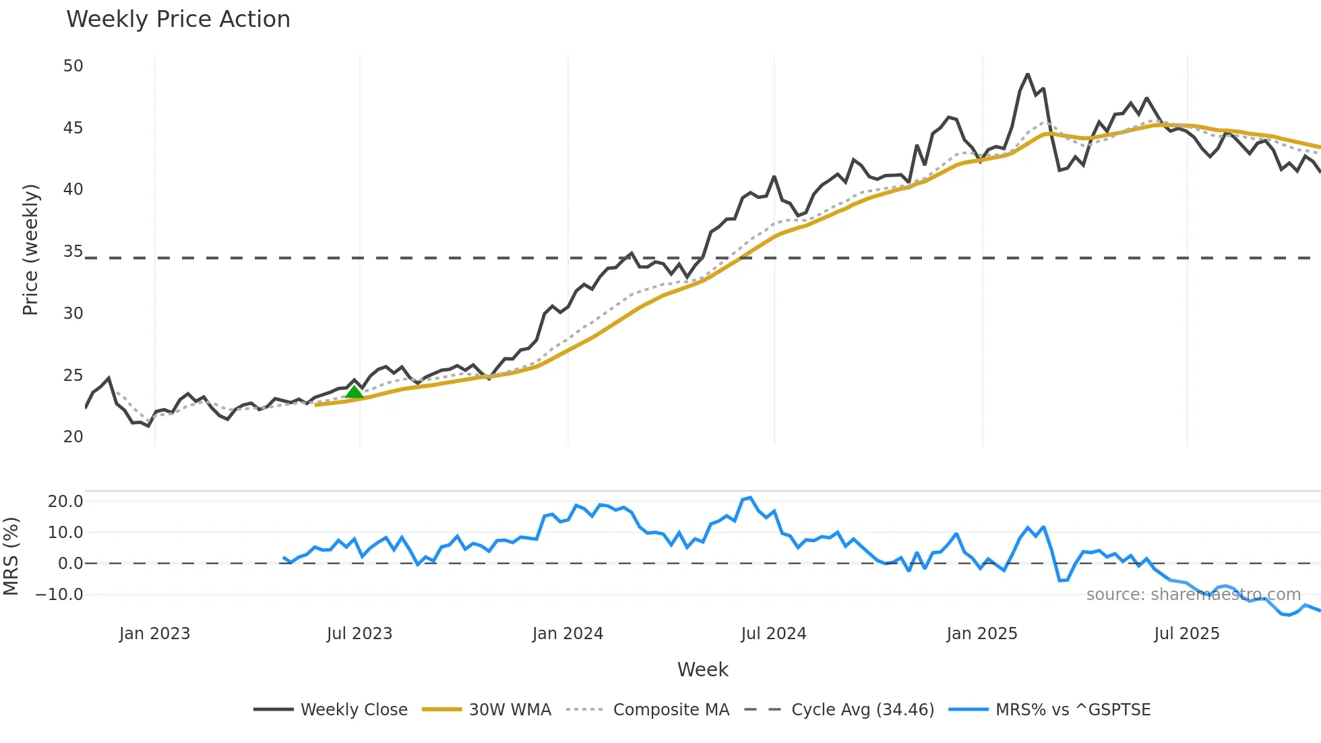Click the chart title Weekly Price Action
tap(178, 20)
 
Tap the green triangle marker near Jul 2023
tap(354, 392)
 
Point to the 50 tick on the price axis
tap(73, 66)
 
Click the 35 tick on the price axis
tap(73, 251)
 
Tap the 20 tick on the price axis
tap(73, 437)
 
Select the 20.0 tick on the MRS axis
tap(65, 501)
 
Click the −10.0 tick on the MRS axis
tap(59, 595)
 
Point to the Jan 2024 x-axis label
tap(567, 634)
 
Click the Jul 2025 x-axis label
tap(1186, 634)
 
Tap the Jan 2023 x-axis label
tap(154, 634)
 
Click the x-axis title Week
tap(702, 670)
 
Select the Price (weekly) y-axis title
tap(31, 249)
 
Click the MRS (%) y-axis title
tap(11, 556)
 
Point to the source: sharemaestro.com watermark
tap(1193, 595)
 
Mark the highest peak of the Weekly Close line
tap(1027, 74)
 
